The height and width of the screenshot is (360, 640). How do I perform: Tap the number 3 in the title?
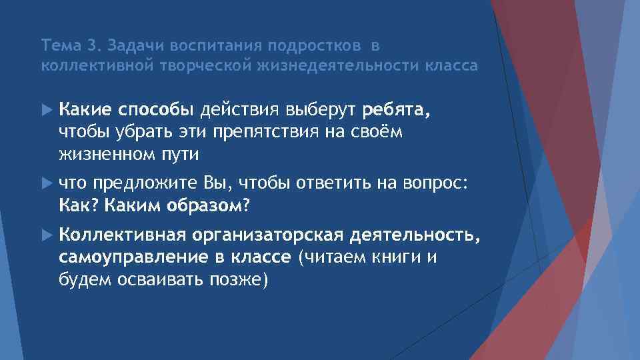(92, 46)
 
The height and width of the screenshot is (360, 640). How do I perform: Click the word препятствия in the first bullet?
(268, 131)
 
